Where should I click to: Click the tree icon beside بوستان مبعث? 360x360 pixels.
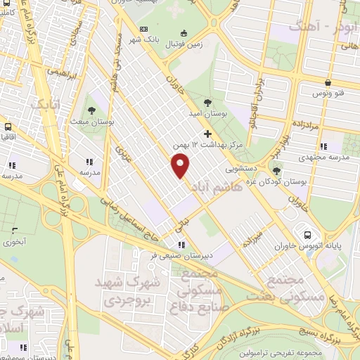[92, 108]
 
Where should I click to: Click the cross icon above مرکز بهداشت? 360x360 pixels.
[207, 133]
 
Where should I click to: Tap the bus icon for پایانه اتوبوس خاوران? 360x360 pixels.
[307, 235]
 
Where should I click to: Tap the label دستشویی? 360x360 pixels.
[240, 169]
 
